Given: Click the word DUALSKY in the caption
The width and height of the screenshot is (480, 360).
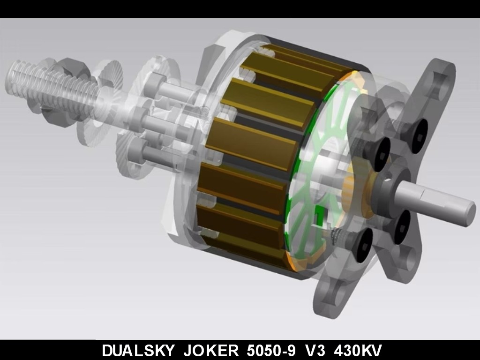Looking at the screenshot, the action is [x=138, y=350].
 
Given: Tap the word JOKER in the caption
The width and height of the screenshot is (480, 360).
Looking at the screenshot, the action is [x=210, y=350].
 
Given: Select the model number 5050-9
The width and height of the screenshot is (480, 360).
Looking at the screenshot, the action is [x=271, y=350].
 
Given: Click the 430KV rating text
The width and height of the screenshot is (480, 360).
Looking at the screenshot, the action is [x=358, y=350].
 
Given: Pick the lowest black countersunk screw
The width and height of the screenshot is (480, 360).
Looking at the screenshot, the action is [x=364, y=245].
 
